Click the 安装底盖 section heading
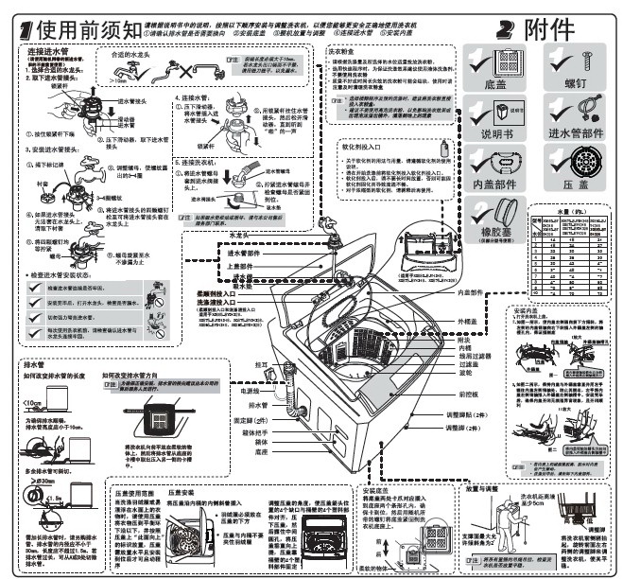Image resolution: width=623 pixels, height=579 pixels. (376, 490)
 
